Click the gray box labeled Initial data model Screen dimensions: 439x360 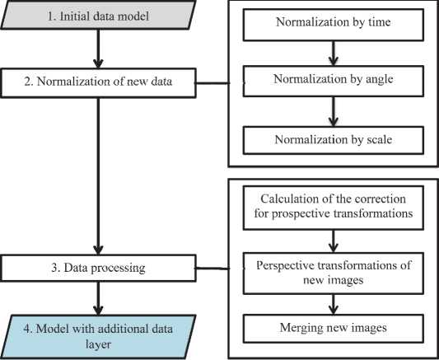pos(98,15)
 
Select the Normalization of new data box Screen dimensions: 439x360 pos(98,83)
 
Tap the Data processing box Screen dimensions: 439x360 pos(98,268)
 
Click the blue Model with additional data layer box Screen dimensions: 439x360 pos(98,337)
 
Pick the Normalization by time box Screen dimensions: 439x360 pos(334,25)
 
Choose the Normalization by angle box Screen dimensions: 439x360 pos(334,82)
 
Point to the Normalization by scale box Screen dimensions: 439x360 pos(334,140)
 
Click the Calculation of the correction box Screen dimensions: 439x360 pos(334,208)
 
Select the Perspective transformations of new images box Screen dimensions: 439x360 pos(334,274)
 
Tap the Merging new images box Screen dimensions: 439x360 pos(334,329)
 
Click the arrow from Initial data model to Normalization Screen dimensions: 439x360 pos(98,49)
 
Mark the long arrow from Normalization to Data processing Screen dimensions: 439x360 pos(98,176)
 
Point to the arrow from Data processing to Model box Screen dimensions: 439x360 pos(98,298)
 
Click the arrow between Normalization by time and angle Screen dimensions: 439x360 pos(334,54)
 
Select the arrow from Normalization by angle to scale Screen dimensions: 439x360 pos(334,112)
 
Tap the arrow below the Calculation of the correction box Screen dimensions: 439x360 pos(334,241)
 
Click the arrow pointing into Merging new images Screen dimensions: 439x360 pos(334,304)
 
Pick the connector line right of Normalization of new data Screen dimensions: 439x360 pos(212,83)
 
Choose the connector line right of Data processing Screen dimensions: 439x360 pos(212,269)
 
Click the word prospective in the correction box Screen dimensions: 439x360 pos(301,214)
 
